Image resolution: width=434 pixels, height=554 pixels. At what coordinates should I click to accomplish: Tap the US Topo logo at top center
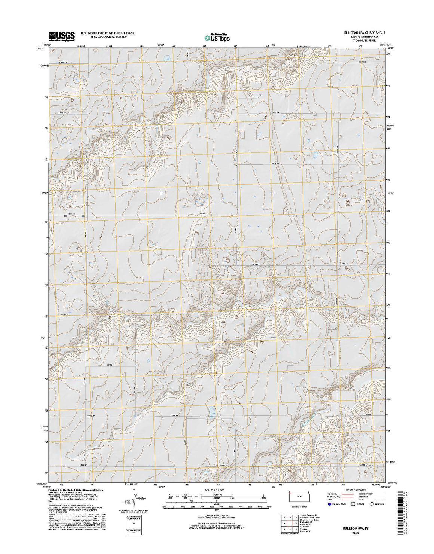tap(217, 37)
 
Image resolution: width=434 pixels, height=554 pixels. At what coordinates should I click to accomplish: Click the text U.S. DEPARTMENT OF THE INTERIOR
tap(107, 33)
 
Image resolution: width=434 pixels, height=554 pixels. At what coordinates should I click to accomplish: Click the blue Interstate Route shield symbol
tap(330, 504)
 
